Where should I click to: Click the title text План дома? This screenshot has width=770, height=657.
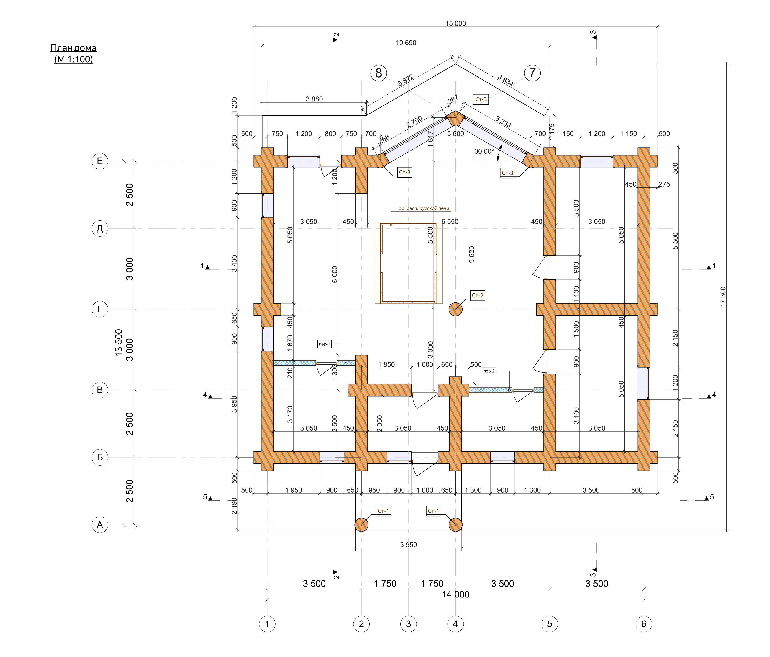74,48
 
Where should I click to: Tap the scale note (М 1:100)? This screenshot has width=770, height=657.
74,59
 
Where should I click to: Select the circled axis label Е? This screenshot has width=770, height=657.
100,161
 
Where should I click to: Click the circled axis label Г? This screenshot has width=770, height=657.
100,309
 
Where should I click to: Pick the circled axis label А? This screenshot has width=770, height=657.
100,525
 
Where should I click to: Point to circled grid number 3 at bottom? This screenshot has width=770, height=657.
408,624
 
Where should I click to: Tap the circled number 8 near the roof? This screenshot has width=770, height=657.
379,73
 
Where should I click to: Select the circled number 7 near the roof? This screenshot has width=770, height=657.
532,73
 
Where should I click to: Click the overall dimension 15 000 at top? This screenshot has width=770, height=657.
456,23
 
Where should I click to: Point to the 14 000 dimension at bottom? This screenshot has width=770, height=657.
456,595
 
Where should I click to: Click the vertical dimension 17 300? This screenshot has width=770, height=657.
723,296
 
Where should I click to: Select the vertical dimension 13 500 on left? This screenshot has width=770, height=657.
119,343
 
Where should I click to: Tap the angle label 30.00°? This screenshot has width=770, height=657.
484,151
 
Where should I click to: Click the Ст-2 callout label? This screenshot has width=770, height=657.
478,295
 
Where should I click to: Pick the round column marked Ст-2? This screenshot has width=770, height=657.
456,309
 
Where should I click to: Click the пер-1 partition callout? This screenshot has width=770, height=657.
325,344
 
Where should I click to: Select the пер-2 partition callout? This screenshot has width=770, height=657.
489,371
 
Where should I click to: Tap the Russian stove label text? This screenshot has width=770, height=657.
424,208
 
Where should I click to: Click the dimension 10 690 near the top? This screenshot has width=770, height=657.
406,43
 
